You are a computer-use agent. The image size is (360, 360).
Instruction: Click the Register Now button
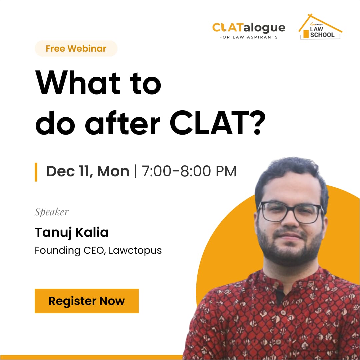[x=87, y=301]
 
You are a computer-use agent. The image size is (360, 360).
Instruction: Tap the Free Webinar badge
[x=76, y=48]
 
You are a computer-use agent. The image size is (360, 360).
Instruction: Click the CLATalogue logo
[x=249, y=31]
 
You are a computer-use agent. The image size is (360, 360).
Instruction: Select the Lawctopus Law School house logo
[x=320, y=27]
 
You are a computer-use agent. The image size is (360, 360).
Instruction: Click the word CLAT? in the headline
[x=217, y=123]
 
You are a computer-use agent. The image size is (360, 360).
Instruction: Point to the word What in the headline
[x=78, y=82]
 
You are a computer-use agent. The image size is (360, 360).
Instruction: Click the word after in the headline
[x=123, y=123]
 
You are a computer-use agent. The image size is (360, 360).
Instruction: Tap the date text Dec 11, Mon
[x=88, y=171]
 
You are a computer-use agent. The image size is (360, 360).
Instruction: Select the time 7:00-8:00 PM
[x=189, y=171]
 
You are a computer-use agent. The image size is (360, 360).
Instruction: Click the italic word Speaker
[x=52, y=212]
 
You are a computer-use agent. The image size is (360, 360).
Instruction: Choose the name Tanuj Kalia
[x=71, y=232]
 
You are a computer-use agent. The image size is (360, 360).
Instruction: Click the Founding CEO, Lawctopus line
[x=98, y=250]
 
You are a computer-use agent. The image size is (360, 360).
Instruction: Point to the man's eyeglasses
[x=291, y=212]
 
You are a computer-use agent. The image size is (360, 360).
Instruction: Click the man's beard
[x=290, y=248]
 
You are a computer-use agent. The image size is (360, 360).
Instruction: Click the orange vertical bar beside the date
[x=36, y=172]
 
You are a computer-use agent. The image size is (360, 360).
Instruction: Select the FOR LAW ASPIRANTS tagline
[x=248, y=37]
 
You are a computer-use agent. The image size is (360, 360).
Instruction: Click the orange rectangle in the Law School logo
[x=306, y=34]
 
